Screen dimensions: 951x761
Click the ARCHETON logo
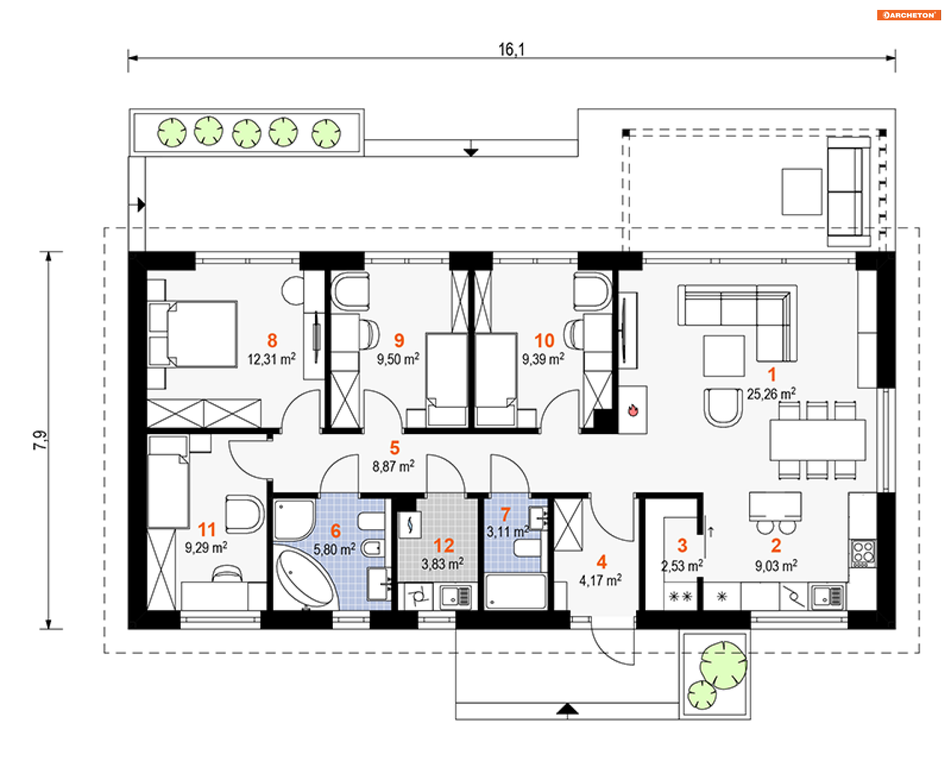tap(908, 15)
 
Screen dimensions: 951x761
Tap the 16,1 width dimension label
tap(511, 50)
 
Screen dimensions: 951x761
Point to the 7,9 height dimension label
tap(40, 440)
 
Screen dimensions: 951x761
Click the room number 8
tap(272, 340)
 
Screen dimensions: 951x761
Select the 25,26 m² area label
tap(771, 394)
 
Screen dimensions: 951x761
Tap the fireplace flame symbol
tap(633, 410)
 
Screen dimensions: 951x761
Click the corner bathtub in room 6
tap(305, 578)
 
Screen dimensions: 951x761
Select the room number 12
tap(443, 545)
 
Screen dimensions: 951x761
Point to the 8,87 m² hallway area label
tap(393, 466)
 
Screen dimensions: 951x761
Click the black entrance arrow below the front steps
tap(567, 709)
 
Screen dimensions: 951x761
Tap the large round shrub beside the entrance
tap(723, 665)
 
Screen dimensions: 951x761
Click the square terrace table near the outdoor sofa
tap(802, 192)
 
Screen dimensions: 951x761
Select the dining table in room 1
tap(817, 440)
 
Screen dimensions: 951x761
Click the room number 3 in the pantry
tap(682, 545)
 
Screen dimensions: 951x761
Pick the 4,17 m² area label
tap(600, 580)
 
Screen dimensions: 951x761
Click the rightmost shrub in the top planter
tap(326, 134)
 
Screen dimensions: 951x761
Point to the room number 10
tap(544, 340)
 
